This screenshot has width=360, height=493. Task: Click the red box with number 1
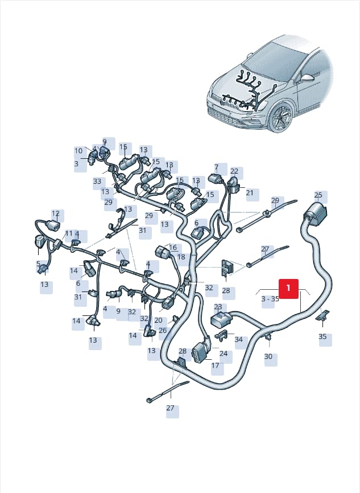coord(289,288)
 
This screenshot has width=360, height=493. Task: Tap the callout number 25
coord(318,195)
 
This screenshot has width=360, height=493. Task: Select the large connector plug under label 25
coord(315,215)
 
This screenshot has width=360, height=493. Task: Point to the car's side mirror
coord(307,77)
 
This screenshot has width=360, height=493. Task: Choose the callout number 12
coord(56,214)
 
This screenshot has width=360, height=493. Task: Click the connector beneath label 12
coord(53,226)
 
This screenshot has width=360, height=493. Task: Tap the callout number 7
coord(217,167)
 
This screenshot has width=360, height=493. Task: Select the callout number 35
coord(322,336)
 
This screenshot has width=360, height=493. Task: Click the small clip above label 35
coord(323,315)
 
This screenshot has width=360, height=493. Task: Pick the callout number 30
coord(268,356)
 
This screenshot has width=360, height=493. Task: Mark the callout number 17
coord(215,365)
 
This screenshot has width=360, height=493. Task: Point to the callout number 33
coord(97,181)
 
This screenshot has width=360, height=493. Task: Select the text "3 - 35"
coord(270,299)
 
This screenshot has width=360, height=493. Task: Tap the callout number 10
coord(78,151)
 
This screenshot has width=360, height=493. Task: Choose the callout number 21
coord(250,192)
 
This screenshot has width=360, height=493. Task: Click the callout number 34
coord(239,339)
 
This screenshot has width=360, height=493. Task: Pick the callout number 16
coord(173,248)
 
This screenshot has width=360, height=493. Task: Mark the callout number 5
coord(38,264)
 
